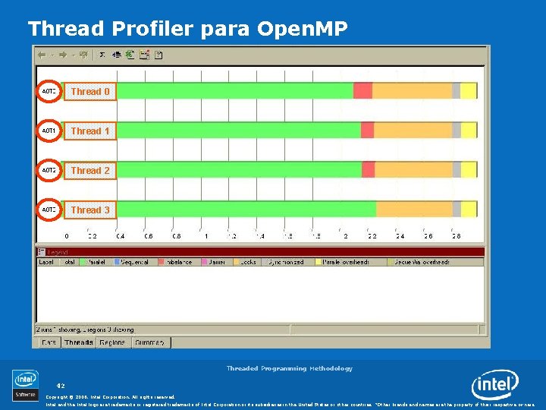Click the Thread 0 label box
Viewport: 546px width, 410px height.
click(90, 91)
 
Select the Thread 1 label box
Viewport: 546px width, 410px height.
click(90, 131)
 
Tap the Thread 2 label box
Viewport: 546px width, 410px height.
click(90, 170)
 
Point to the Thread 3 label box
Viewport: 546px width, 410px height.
click(90, 210)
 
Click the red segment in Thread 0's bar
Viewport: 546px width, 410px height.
click(362, 91)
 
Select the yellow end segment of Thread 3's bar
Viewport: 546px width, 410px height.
click(469, 210)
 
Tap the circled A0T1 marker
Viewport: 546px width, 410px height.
click(49, 131)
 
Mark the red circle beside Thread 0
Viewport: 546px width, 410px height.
click(49, 91)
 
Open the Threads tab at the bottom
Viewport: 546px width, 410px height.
click(79, 342)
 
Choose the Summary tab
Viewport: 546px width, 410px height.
click(151, 342)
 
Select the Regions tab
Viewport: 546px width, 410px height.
click(114, 342)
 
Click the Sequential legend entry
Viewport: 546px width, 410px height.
click(132, 262)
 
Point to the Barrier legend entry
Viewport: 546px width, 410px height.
click(217, 262)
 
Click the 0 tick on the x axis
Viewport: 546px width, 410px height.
click(66, 236)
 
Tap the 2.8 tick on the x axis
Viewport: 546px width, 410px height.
click(456, 236)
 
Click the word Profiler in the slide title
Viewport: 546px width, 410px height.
click(154, 29)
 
